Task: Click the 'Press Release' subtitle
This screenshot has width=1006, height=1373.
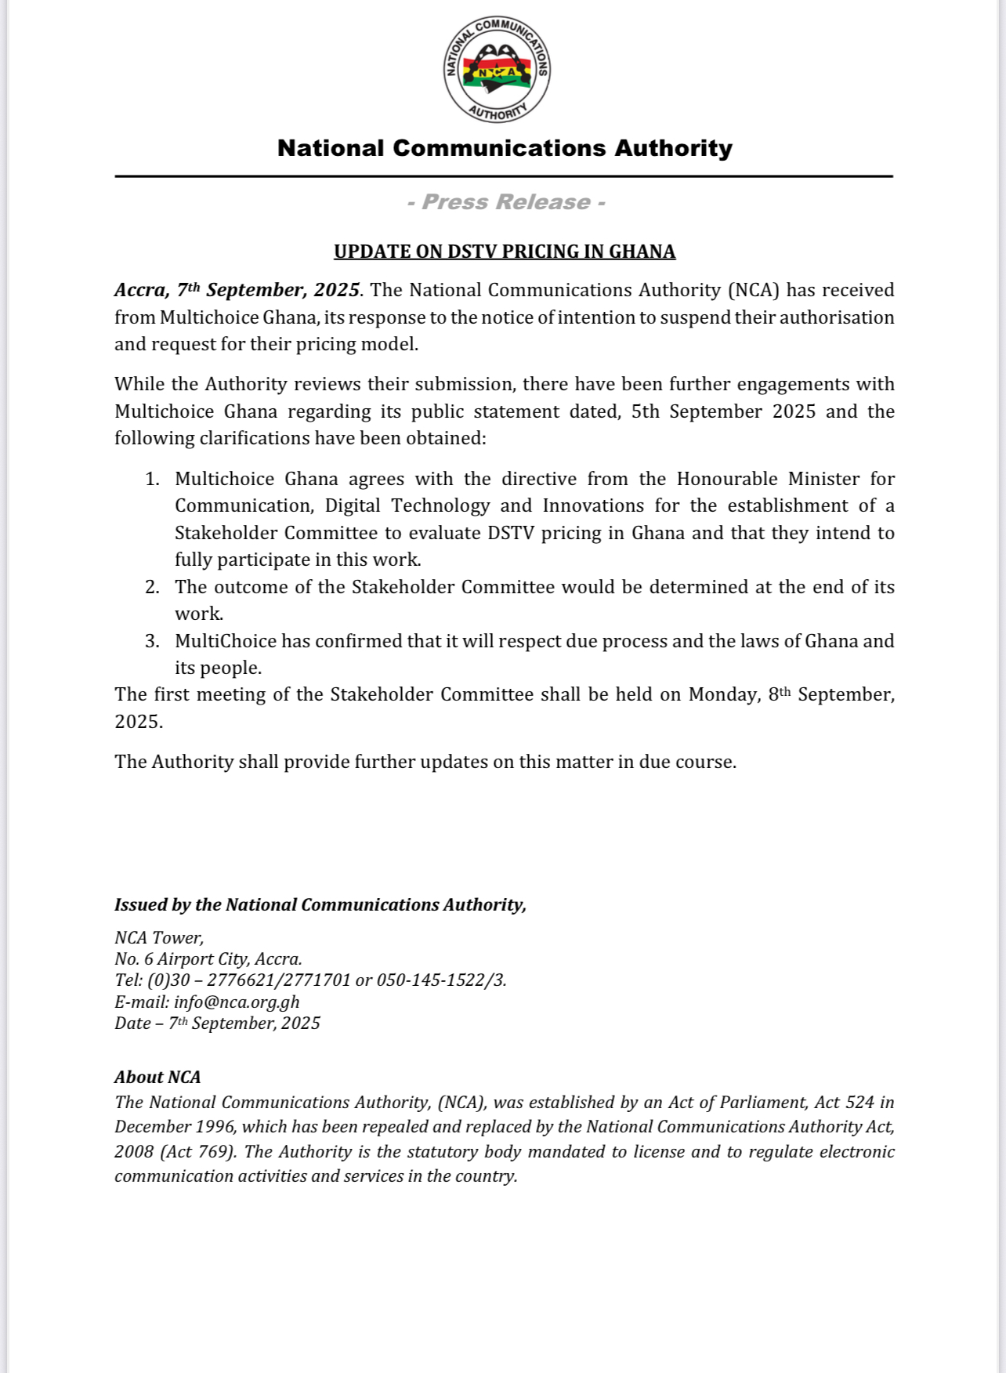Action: pos(505,202)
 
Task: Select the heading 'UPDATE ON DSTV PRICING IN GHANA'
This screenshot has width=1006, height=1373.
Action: pos(505,252)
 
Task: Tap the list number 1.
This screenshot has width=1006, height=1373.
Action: pos(152,479)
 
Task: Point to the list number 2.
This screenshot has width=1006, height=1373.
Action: pos(152,587)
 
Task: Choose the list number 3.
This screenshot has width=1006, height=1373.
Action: pos(152,641)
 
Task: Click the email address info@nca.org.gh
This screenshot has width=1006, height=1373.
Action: pos(237,1002)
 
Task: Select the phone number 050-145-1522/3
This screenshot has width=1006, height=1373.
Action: pos(441,980)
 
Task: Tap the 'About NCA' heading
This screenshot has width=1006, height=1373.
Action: pos(157,1077)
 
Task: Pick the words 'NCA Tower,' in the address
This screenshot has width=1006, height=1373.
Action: pos(159,937)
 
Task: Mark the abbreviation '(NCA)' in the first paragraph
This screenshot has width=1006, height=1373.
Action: pos(752,290)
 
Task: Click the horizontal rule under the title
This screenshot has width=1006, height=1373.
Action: pos(504,176)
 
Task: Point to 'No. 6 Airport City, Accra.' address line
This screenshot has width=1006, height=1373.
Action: pos(208,959)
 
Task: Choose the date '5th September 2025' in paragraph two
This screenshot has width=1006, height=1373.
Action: pos(723,411)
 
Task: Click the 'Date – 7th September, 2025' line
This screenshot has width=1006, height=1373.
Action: pos(217,1023)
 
